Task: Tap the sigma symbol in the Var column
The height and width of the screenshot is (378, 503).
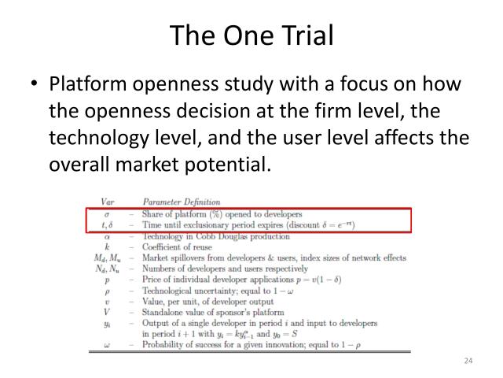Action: (x=107, y=214)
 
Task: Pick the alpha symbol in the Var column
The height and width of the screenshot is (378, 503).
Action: (x=107, y=235)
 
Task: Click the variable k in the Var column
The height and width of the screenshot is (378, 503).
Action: (x=107, y=245)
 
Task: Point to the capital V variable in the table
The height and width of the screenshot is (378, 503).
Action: (x=107, y=311)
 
